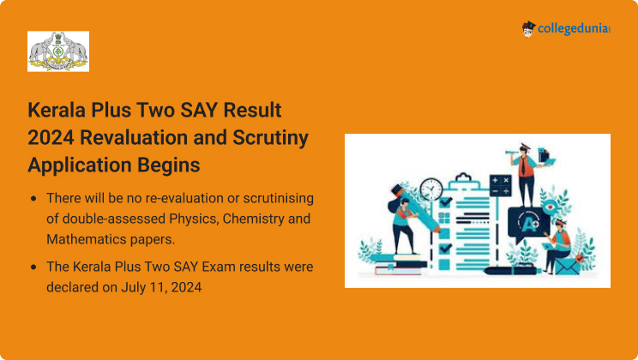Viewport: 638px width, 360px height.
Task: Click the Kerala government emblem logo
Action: [x=58, y=51]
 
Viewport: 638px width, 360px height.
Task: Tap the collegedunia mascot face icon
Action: [x=528, y=29]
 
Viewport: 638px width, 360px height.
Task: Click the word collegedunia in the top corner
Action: [x=574, y=28]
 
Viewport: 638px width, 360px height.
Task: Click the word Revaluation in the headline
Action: [x=134, y=137]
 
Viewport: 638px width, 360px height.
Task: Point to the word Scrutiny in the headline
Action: [x=270, y=138]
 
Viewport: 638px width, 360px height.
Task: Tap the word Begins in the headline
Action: [x=168, y=165]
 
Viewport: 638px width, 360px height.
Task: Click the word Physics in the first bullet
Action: [x=194, y=219]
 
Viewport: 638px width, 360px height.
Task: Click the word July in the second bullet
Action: [x=134, y=288]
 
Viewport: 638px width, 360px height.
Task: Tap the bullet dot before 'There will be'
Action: [x=33, y=199]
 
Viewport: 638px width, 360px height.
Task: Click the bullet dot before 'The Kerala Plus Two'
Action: [x=33, y=267]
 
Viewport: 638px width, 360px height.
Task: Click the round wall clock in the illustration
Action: [x=430, y=189]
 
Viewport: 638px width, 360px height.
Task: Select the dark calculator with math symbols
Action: [x=500, y=185]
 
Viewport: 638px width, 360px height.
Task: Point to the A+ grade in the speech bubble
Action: [x=529, y=224]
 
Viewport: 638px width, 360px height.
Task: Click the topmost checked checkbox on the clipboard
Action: [x=446, y=201]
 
